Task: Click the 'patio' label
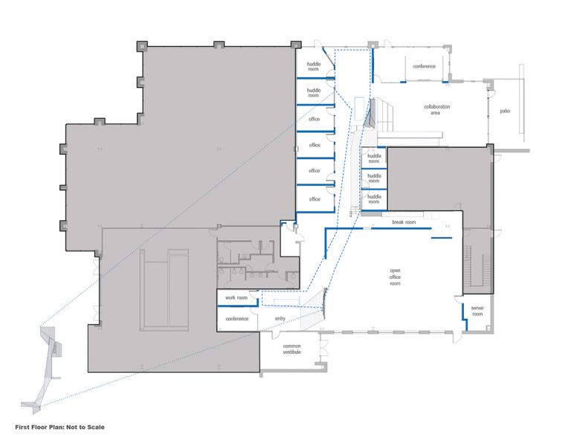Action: point(505,111)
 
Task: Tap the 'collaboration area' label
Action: point(436,109)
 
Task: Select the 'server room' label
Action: point(477,311)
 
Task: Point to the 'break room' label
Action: point(404,222)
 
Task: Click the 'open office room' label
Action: point(395,277)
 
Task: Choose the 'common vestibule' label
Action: point(291,349)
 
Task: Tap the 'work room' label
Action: point(236,297)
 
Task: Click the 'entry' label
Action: point(280,318)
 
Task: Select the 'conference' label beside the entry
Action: point(237,318)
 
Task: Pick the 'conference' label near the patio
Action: point(425,66)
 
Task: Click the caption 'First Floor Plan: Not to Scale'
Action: point(60,428)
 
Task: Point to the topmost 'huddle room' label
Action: point(313,67)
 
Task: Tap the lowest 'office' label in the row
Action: point(315,199)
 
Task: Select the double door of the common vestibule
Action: point(323,347)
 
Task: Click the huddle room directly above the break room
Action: point(374,200)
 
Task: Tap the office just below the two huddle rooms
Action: point(315,118)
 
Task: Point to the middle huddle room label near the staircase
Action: point(374,178)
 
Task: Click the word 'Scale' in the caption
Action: point(95,428)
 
